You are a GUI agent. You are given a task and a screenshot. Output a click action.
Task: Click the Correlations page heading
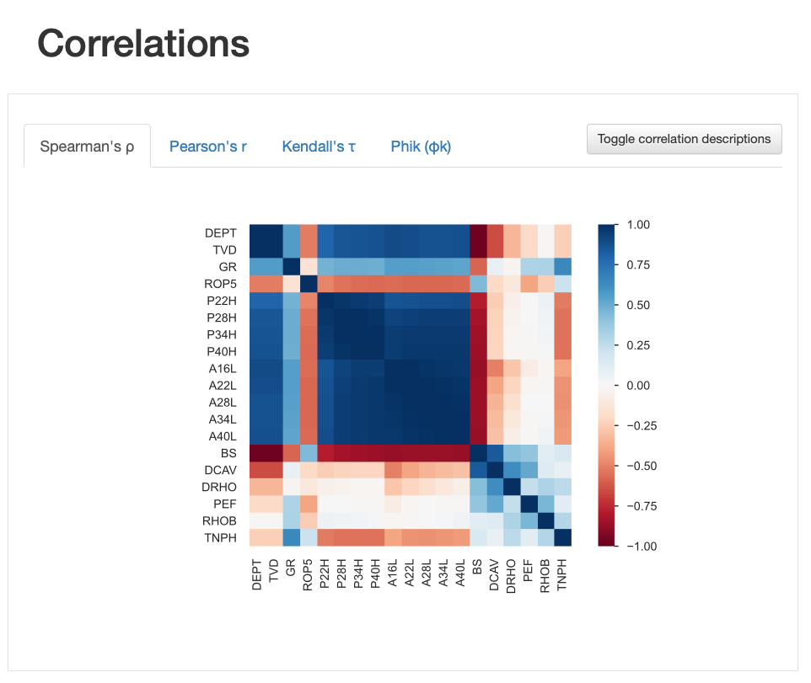(143, 43)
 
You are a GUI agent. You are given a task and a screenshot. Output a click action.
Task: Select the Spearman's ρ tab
(87, 147)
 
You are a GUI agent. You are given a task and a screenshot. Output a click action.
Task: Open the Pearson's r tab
(207, 147)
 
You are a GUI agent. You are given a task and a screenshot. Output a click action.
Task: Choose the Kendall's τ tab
(319, 147)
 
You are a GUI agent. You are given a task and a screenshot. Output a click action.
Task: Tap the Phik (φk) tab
(421, 147)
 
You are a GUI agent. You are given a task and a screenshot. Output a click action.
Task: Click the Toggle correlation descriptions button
(684, 139)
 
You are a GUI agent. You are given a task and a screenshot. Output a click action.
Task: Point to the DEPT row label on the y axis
(221, 232)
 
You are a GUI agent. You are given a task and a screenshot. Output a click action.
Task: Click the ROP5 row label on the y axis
(221, 283)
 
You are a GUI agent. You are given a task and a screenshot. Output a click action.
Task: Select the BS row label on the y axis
(228, 453)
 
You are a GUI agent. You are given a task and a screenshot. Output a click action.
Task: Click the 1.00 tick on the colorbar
(638, 225)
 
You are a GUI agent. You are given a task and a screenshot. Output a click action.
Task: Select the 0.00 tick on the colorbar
(638, 386)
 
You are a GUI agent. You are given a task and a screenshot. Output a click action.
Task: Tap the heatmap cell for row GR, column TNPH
(563, 266)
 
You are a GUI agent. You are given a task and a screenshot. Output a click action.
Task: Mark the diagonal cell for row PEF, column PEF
(529, 504)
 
